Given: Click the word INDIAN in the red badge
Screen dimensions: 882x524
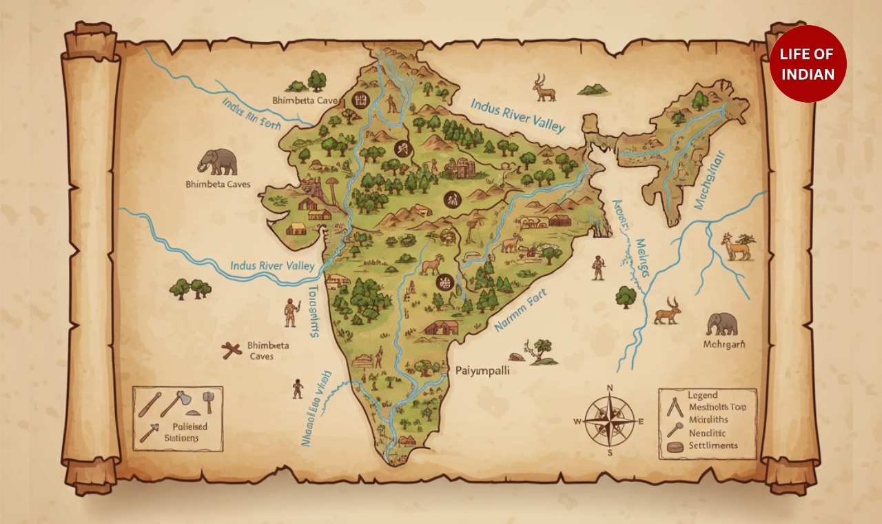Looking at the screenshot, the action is coord(808,74).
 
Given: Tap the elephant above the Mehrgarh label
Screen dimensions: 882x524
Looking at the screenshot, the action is coord(721,323).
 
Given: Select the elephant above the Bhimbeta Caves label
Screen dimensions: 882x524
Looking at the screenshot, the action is coord(217,162).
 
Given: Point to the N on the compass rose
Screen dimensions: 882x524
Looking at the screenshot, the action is coord(609,389).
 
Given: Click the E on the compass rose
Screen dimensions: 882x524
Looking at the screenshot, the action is coord(641,421).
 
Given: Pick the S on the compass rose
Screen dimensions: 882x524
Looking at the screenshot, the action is coord(610,452).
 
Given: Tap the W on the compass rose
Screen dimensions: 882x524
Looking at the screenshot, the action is coord(578,421).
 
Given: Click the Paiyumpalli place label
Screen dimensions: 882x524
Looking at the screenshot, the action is coord(482,370).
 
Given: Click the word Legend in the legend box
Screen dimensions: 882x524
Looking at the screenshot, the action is coord(702,395).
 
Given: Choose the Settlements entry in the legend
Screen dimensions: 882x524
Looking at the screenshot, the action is coord(712,445).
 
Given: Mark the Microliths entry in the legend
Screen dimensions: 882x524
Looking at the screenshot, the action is coord(708,419).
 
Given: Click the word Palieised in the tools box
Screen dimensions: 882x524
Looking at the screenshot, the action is coord(186,427).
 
